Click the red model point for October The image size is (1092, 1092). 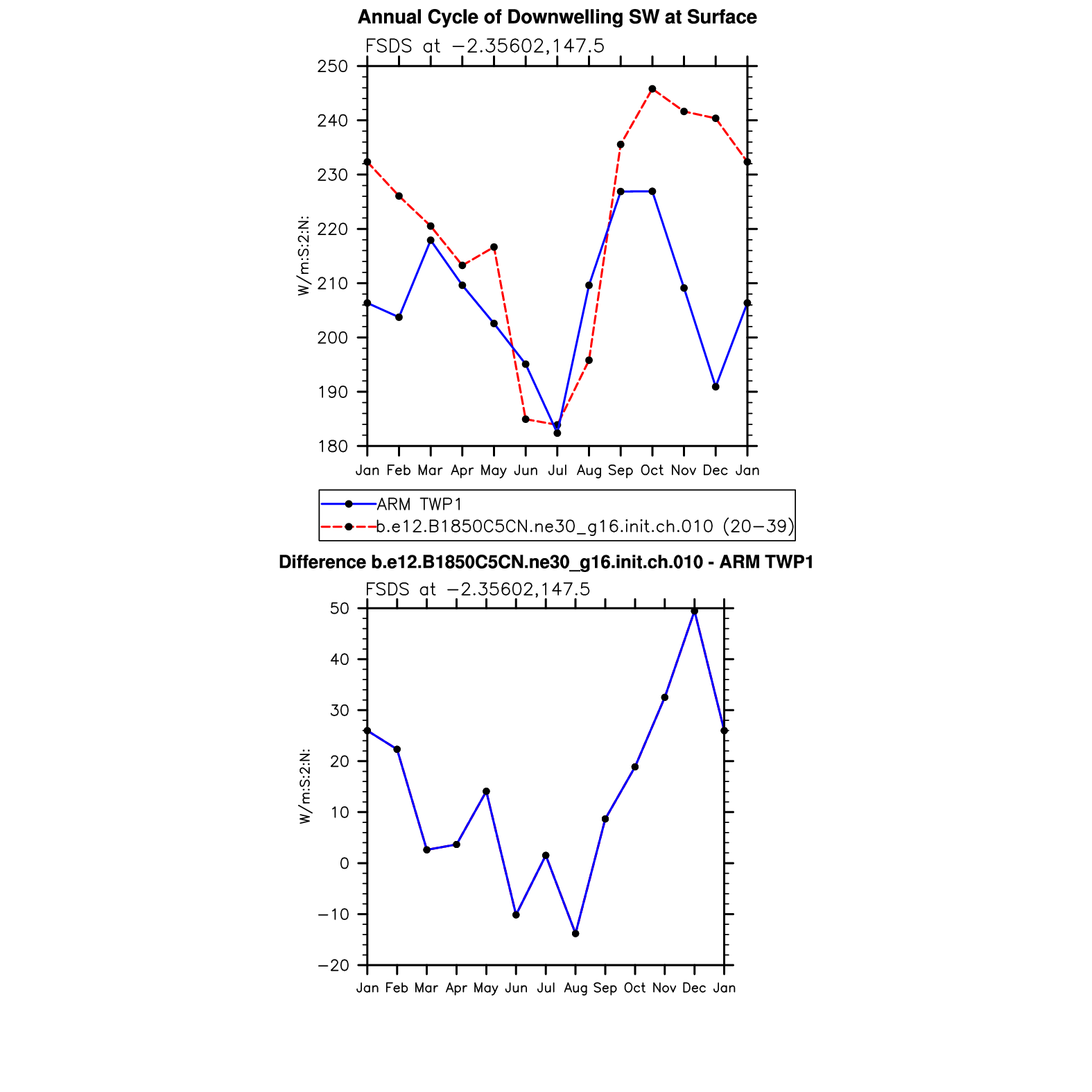652,89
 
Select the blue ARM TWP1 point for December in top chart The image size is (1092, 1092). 716,387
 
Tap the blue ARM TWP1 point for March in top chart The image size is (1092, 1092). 431,241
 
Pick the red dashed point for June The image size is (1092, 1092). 526,419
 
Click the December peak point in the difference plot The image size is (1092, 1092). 694,612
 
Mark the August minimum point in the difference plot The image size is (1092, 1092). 575,934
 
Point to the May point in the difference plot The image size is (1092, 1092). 486,792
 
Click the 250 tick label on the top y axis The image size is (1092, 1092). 332,67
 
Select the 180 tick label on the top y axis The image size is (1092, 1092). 332,447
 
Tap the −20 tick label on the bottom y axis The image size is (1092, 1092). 332,966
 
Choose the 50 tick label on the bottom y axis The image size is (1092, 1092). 339,609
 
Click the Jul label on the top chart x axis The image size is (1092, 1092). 557,471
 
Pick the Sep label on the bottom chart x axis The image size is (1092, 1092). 605,988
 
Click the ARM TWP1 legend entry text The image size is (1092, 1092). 419,504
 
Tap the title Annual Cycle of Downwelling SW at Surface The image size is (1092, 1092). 557,17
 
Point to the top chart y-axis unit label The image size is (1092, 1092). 304,256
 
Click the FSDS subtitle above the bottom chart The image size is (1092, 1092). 478,589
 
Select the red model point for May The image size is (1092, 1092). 494,247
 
